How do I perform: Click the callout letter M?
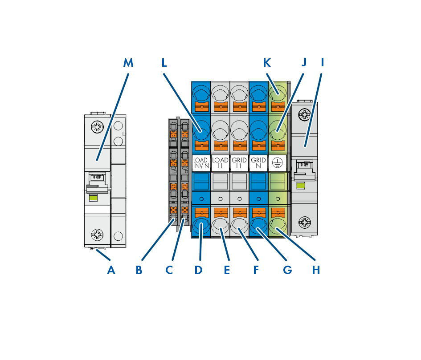pyautogui.click(x=128, y=63)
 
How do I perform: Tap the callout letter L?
pyautogui.click(x=164, y=63)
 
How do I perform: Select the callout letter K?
pyautogui.click(x=267, y=63)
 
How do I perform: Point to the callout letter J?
pyautogui.click(x=304, y=63)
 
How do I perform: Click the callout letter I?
pyautogui.click(x=322, y=63)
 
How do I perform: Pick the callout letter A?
pyautogui.click(x=111, y=269)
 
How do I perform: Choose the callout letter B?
pyautogui.click(x=139, y=269)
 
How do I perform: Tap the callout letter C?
pyautogui.click(x=169, y=269)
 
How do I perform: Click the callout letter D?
pyautogui.click(x=199, y=269)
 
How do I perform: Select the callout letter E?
pyautogui.click(x=227, y=269)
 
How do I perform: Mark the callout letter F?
pyautogui.click(x=256, y=269)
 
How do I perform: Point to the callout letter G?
pyautogui.click(x=287, y=269)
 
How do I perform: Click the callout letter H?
pyautogui.click(x=316, y=269)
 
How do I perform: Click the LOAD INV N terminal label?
pyautogui.click(x=200, y=163)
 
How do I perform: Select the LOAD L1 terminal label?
pyautogui.click(x=220, y=163)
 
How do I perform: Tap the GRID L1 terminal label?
pyautogui.click(x=239, y=163)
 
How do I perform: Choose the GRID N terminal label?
pyautogui.click(x=258, y=163)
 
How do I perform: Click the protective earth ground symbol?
pyautogui.click(x=277, y=163)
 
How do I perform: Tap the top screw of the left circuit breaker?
pyautogui.click(x=97, y=127)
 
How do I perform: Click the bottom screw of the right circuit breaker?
pyautogui.click(x=304, y=221)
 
